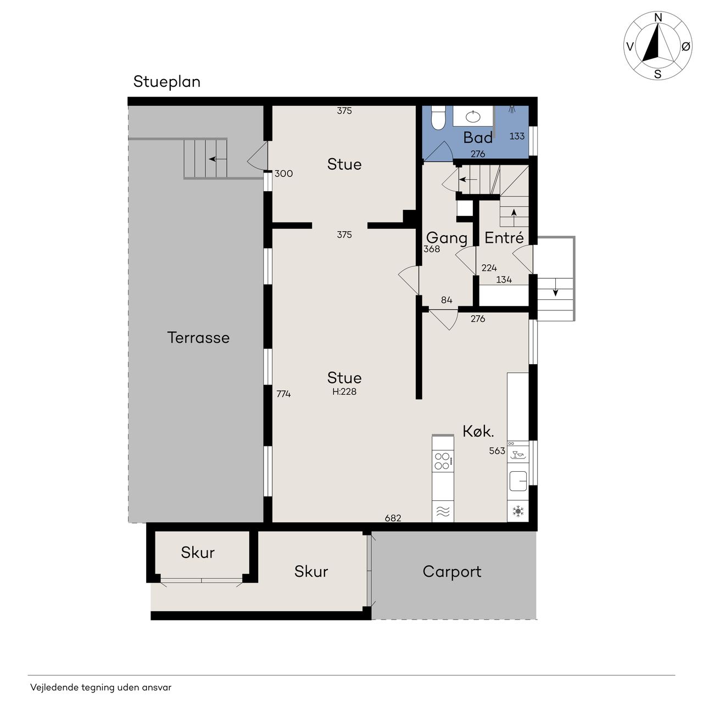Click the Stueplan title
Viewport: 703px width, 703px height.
[167, 82]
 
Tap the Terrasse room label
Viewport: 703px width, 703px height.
[198, 337]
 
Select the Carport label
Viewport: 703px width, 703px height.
[451, 572]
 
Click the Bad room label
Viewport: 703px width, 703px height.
[477, 137]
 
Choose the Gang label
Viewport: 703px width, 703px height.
[447, 238]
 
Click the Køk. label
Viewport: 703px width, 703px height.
[478, 432]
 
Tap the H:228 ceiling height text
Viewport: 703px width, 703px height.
[344, 392]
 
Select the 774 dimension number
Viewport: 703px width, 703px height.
[283, 394]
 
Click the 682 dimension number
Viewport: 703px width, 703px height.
[393, 518]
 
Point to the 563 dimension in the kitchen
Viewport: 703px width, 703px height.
[497, 451]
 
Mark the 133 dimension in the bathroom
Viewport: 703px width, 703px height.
[517, 136]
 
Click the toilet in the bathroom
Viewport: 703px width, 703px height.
[437, 118]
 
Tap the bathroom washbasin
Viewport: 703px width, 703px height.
[473, 116]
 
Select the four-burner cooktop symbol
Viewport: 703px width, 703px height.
[443, 461]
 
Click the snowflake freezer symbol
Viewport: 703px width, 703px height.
[518, 511]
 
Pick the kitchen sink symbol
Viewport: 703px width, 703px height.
[518, 481]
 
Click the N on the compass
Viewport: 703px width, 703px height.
[658, 18]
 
